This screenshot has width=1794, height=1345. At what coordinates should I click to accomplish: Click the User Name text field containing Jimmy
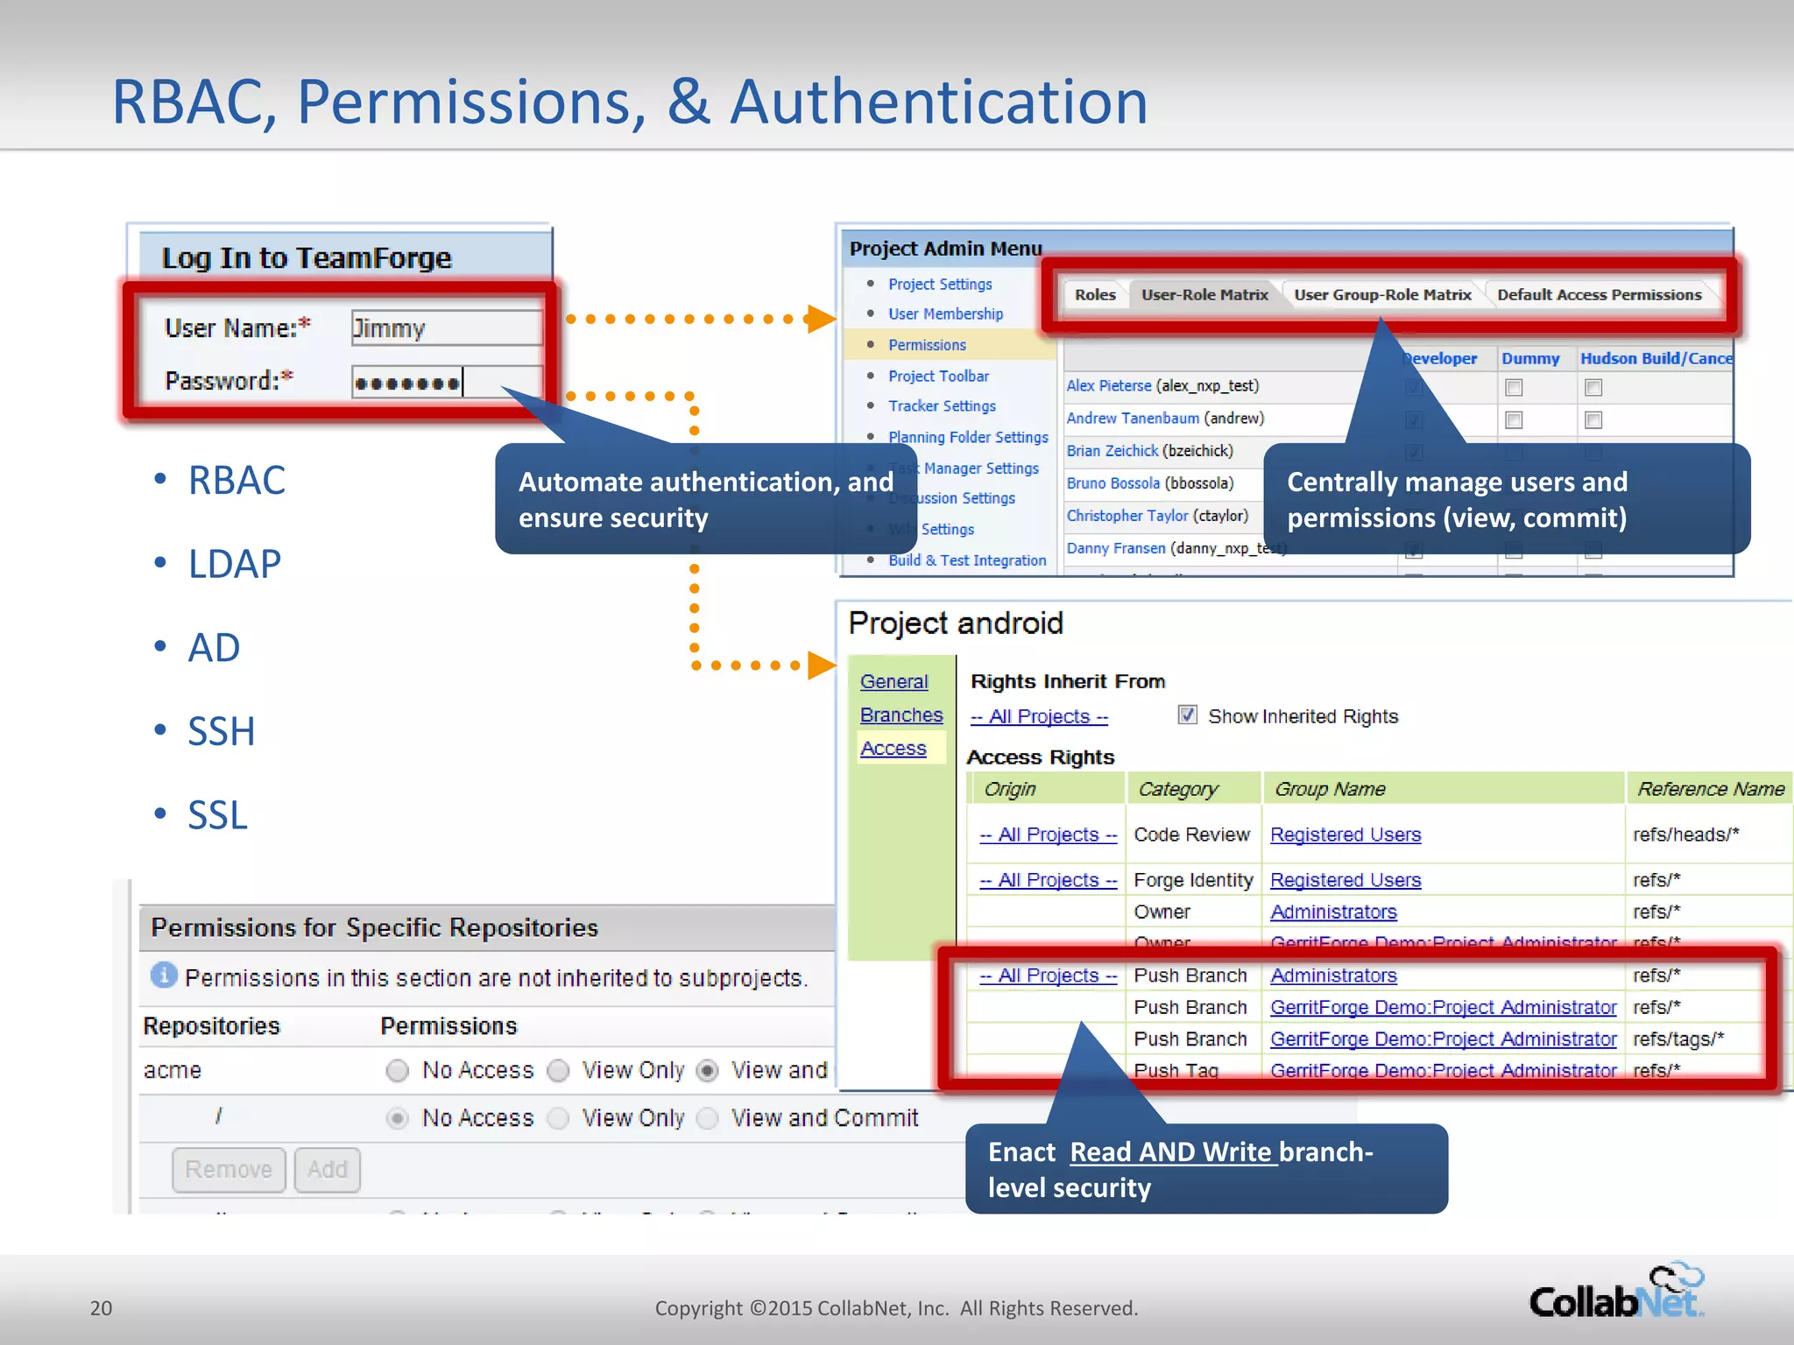point(445,328)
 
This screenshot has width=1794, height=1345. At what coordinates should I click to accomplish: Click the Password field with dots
point(445,383)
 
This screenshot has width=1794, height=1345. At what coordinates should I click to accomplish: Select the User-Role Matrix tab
point(1204,295)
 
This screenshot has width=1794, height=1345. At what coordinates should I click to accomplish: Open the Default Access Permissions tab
point(1599,295)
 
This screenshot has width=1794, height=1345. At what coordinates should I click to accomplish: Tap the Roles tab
point(1095,295)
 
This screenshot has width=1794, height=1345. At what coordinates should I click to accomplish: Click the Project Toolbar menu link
point(938,377)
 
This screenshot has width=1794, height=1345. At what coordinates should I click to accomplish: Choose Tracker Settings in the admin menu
point(942,406)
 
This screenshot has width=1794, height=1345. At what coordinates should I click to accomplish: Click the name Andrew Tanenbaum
point(1132,419)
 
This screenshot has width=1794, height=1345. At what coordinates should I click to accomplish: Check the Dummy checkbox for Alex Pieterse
point(1514,387)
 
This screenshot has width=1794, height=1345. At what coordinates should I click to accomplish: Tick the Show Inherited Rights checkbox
point(1187,715)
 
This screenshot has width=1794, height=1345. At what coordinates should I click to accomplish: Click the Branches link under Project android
point(901,715)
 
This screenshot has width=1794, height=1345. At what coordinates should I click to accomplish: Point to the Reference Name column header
point(1710,789)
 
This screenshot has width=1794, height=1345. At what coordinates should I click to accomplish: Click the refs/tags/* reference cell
point(1677,1039)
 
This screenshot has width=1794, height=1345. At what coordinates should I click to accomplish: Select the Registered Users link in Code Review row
point(1345,835)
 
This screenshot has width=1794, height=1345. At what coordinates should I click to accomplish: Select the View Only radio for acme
point(558,1071)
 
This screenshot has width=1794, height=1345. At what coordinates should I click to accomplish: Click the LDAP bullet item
point(235,564)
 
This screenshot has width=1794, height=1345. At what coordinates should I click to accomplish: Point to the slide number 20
point(101,1308)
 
